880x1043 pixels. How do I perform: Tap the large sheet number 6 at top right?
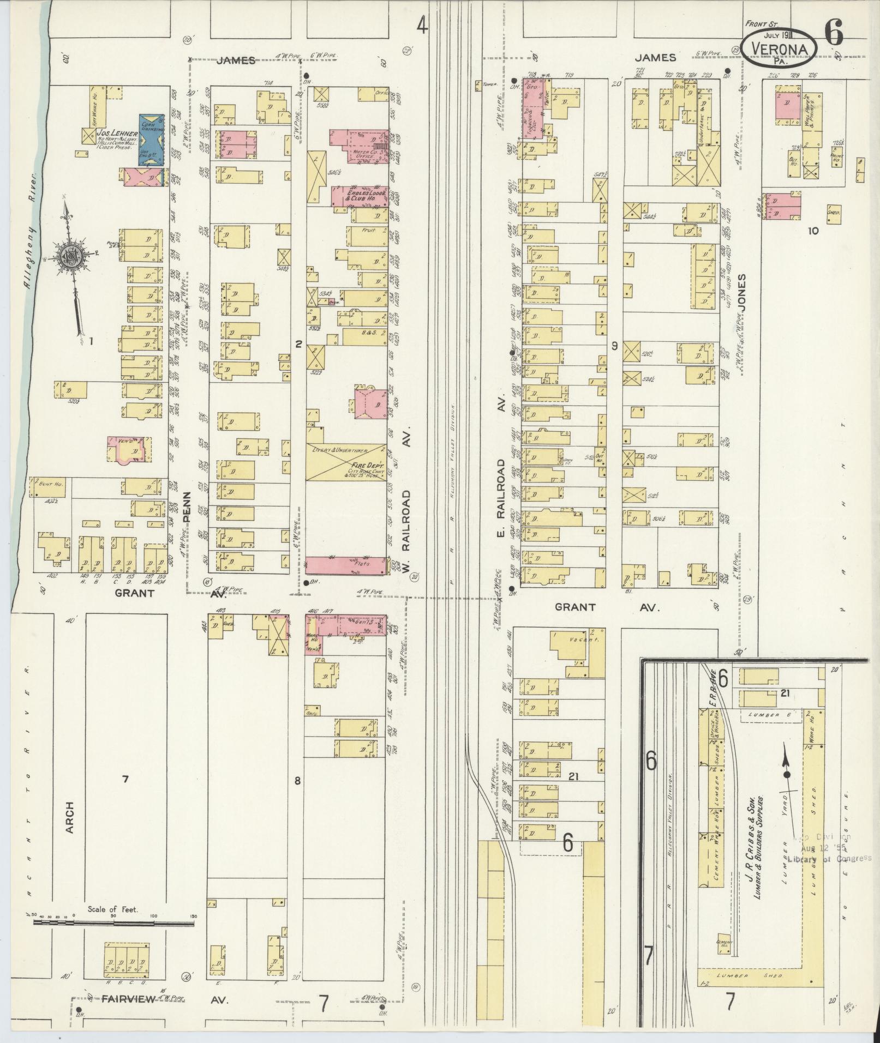tap(833, 32)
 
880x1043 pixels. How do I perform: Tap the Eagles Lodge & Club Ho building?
tap(359, 196)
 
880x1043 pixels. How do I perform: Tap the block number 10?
tap(813, 231)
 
